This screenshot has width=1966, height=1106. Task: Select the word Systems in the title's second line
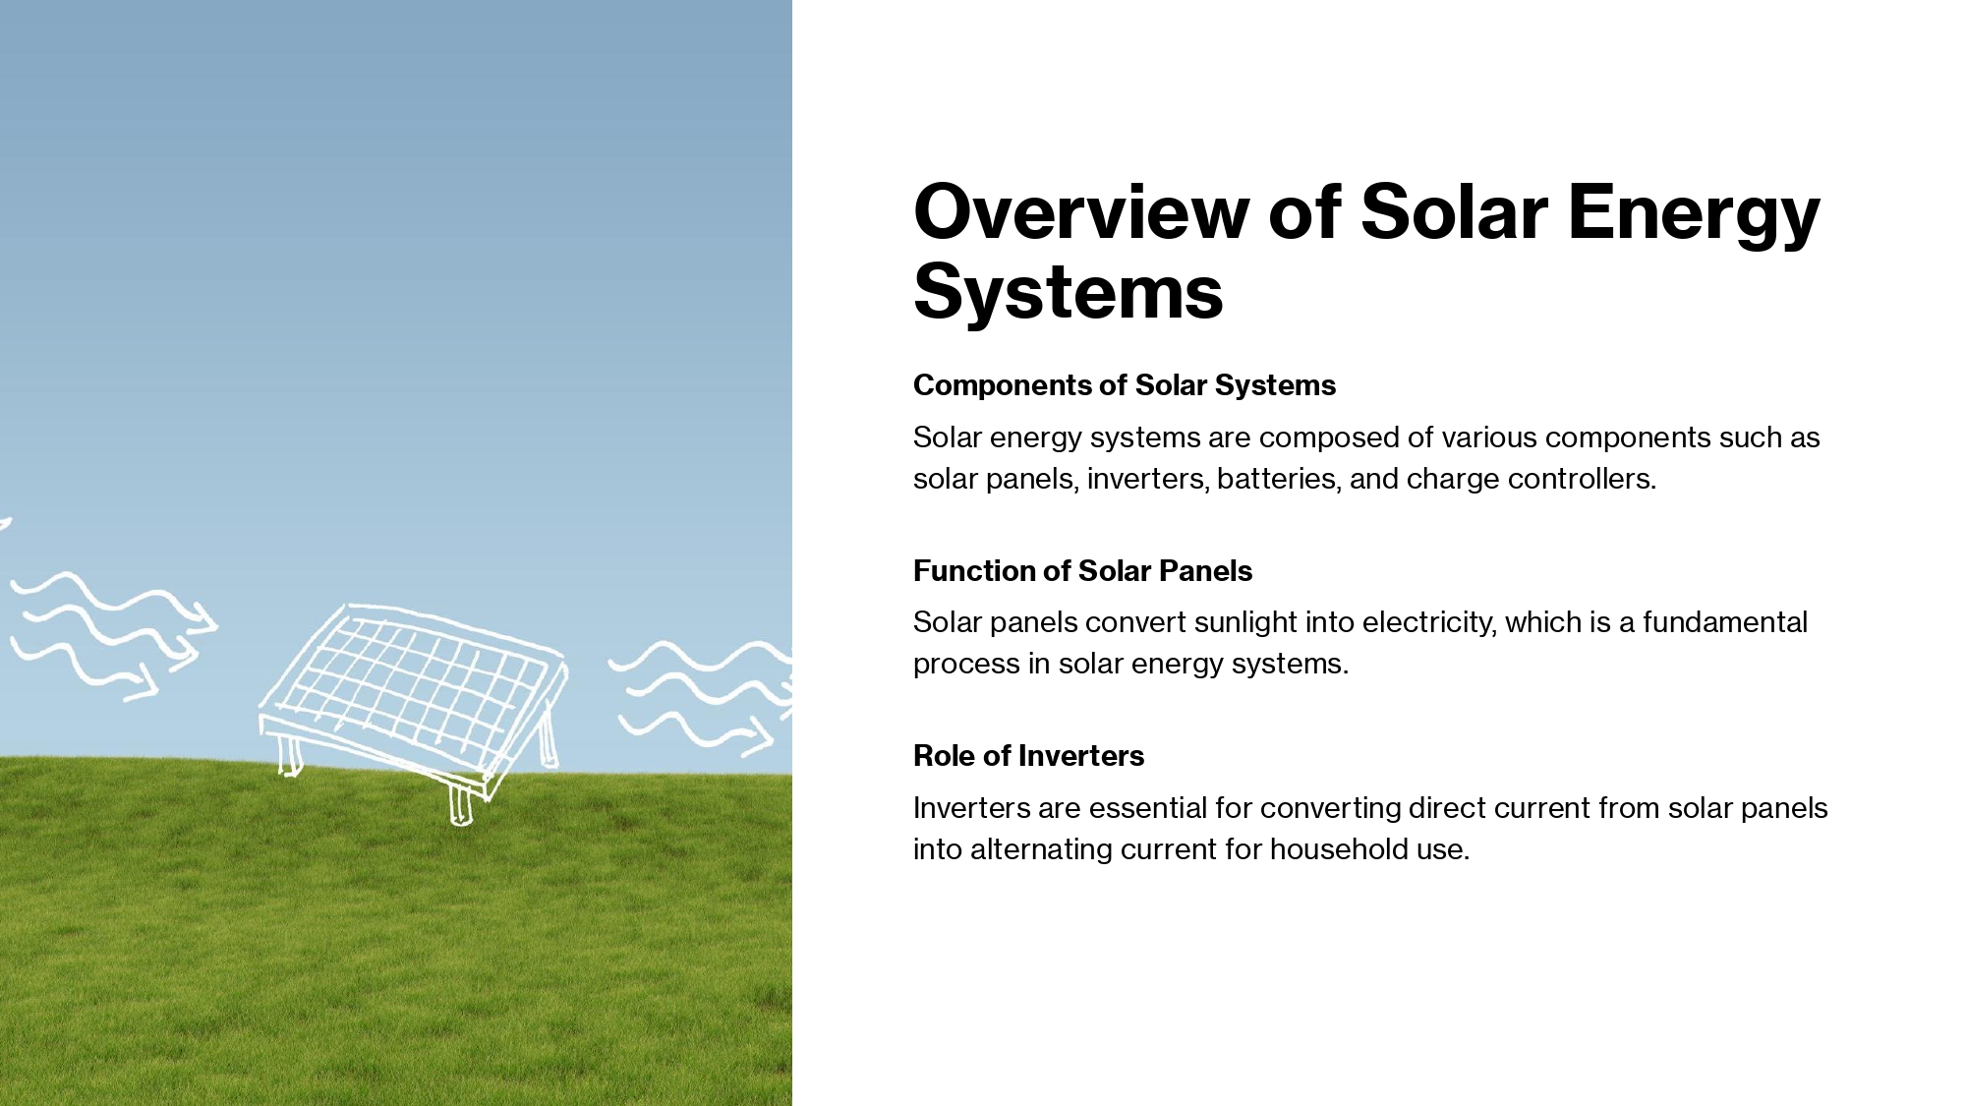point(1069,292)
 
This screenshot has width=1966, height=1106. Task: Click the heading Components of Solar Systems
point(1125,385)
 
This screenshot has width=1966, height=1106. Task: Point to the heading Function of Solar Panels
point(1082,571)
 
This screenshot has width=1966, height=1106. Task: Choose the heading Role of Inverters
point(1028,756)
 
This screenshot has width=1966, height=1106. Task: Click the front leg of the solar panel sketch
point(460,805)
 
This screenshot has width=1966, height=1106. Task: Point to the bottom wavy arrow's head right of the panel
point(757,736)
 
